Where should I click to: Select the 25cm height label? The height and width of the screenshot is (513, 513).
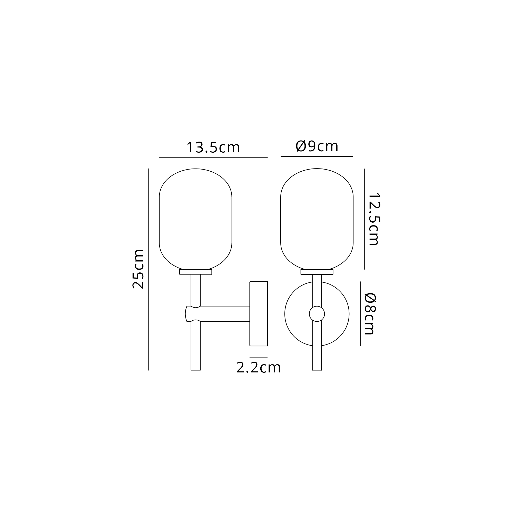(138, 269)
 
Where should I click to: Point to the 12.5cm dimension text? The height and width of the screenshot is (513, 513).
(374, 219)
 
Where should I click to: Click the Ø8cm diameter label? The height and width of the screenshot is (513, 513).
(370, 314)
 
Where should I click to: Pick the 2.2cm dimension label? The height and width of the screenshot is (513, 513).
(258, 368)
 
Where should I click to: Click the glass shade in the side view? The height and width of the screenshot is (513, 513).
(195, 219)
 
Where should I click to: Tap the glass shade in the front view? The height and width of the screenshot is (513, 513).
(317, 219)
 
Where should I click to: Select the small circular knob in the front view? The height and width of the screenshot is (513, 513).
(317, 314)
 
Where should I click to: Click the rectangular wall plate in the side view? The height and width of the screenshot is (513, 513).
(258, 314)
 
